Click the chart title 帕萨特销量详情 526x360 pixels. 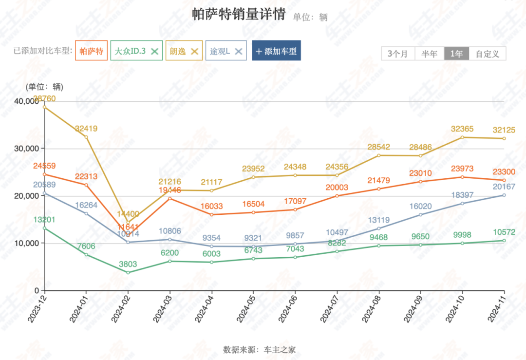click(x=239, y=15)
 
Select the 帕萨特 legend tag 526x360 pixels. click(x=92, y=51)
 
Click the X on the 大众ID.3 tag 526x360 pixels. click(x=155, y=51)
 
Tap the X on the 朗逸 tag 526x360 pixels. click(x=194, y=51)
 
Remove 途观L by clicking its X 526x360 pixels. click(x=239, y=51)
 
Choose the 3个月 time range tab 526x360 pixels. click(x=398, y=54)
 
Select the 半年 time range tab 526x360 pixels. click(x=430, y=54)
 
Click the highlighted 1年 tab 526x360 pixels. click(x=456, y=54)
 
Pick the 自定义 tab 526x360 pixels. click(x=488, y=54)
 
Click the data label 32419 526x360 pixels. click(x=86, y=129)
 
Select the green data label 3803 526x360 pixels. click(x=128, y=264)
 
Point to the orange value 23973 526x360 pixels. click(x=462, y=169)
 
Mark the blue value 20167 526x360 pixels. click(x=504, y=187)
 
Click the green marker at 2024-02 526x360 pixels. click(x=128, y=272)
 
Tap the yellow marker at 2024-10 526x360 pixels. click(x=462, y=137)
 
